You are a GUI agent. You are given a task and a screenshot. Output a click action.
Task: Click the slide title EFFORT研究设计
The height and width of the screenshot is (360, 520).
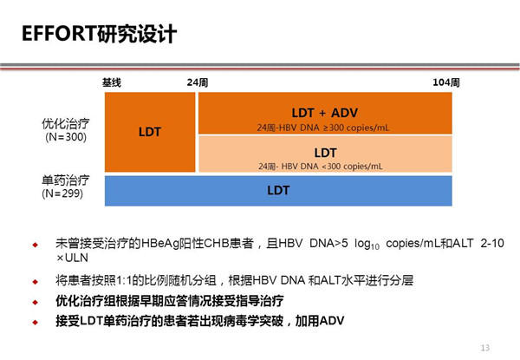[99, 34]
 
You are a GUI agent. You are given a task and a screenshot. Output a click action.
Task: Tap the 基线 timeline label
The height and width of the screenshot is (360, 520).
[112, 82]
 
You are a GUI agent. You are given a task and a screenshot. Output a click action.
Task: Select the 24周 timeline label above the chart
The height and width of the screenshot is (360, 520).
[198, 82]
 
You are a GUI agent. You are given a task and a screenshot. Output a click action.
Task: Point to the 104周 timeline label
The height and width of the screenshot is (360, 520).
[446, 82]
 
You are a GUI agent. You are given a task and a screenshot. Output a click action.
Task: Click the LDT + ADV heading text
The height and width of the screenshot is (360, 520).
[325, 113]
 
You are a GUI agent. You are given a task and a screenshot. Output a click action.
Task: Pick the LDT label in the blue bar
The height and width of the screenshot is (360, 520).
[278, 191]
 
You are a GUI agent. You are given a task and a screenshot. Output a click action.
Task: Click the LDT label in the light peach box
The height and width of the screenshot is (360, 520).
[325, 153]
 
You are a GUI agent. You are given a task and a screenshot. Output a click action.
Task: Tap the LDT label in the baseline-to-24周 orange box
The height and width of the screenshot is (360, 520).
[150, 132]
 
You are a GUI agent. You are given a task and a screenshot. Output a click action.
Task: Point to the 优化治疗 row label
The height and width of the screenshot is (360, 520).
[66, 124]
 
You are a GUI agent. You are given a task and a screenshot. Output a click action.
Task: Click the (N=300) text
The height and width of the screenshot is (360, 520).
[66, 137]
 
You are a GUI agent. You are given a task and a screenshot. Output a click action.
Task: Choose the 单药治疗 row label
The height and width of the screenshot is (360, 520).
[66, 180]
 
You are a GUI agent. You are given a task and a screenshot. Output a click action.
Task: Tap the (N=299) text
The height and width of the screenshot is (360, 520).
[62, 193]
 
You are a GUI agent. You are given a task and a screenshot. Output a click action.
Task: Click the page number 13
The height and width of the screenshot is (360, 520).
[485, 347]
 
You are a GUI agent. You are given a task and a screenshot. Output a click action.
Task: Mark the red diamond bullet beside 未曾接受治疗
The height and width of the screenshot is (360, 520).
[36, 245]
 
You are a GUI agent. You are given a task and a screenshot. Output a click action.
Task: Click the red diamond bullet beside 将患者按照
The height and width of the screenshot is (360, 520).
[36, 282]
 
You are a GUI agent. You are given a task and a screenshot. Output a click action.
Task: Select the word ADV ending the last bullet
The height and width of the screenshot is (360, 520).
[332, 320]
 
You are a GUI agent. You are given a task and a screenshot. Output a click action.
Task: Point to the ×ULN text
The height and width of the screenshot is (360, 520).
[72, 258]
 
